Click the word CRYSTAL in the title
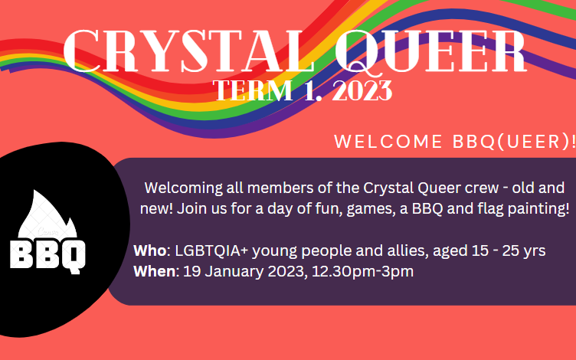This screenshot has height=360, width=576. point(189,51)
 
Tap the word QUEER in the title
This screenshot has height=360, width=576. point(431,51)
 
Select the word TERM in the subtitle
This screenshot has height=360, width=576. point(252,90)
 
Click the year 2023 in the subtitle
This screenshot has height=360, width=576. point(362,90)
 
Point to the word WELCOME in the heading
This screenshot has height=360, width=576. point(388,142)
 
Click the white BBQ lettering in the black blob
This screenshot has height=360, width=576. point(47,256)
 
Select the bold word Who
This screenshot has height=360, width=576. point(150,250)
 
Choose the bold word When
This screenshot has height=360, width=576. point(154,271)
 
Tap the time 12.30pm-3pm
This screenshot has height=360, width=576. point(362,272)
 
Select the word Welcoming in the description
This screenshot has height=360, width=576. point(183,188)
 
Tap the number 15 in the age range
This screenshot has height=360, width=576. point(480,251)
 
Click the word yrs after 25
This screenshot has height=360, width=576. point(535,252)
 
